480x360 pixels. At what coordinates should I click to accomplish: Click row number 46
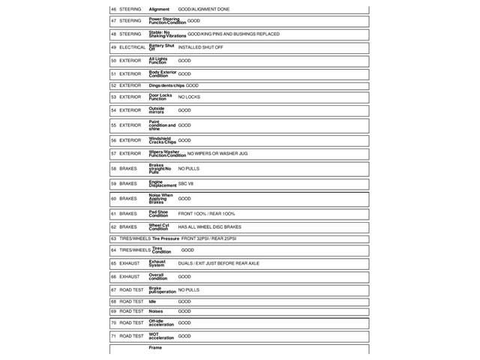(x=113, y=9)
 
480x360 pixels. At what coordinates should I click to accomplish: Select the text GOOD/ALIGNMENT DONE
(x=204, y=9)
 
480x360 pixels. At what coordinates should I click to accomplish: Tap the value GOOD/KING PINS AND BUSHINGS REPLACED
(x=233, y=34)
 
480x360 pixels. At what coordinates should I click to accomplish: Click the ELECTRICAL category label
(x=133, y=47)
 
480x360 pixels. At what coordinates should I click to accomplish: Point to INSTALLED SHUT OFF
(x=200, y=47)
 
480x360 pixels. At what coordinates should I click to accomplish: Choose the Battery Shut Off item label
(x=161, y=47)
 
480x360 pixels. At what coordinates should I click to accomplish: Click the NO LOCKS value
(x=189, y=97)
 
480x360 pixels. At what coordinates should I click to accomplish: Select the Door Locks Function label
(x=160, y=97)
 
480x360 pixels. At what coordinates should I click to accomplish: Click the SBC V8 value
(x=186, y=184)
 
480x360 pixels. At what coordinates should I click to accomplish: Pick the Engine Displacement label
(x=162, y=184)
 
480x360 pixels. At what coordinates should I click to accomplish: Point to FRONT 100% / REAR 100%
(x=206, y=214)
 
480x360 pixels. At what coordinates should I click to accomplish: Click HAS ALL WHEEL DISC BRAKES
(x=209, y=226)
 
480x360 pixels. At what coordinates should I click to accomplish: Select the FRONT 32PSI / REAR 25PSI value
(x=208, y=238)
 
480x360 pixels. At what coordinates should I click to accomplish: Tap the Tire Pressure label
(x=166, y=238)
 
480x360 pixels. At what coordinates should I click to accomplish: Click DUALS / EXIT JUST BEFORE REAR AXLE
(x=218, y=264)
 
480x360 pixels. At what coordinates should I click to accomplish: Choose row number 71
(x=113, y=336)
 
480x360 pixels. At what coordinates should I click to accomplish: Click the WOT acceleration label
(x=160, y=336)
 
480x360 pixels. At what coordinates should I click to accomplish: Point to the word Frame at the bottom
(x=155, y=348)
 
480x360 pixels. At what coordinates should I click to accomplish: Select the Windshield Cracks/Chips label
(x=162, y=140)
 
